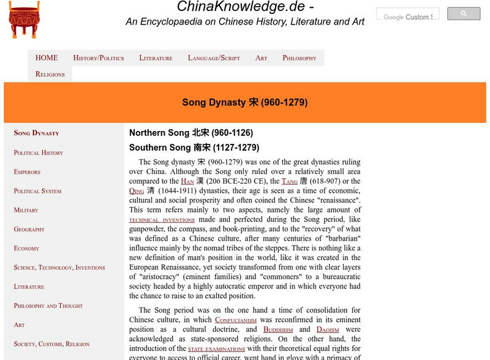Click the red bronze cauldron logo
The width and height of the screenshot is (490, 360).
pos(24,20)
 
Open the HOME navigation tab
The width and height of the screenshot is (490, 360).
pos(47,58)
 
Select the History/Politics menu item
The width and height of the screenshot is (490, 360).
pos(98,58)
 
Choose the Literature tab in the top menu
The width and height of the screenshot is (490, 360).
pos(156,58)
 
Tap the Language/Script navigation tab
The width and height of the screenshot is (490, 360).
pos(214,58)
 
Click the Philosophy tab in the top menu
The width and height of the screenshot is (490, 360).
pos(300,58)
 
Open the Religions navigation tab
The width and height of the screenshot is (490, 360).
pos(50,74)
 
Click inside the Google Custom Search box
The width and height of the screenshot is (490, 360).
pos(407,17)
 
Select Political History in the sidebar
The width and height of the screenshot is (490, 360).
pos(39,152)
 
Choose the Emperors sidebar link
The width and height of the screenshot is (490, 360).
pos(27,172)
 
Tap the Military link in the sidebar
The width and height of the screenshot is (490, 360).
pos(26,210)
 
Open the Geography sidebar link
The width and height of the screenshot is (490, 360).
pos(29,229)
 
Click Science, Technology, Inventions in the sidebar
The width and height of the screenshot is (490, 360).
pos(59,268)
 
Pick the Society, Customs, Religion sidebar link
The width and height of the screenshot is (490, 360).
pos(51,344)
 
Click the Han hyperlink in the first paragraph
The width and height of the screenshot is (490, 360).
pos(187,182)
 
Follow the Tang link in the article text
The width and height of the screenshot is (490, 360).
pos(289,182)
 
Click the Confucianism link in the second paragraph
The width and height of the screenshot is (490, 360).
pos(236,320)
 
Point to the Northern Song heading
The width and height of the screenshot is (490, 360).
pos(191,133)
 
